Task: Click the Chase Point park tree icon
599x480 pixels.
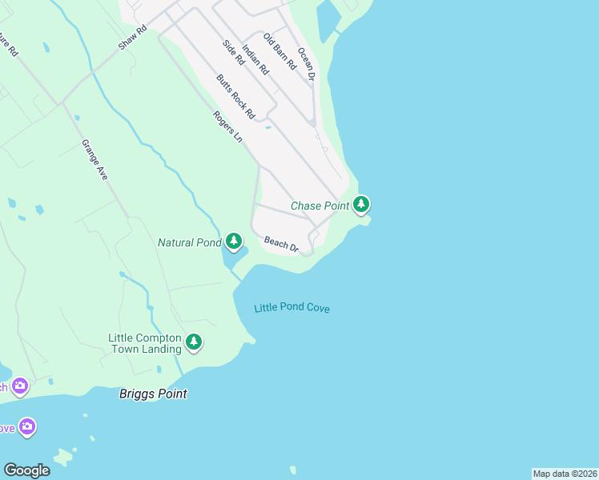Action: click(362, 205)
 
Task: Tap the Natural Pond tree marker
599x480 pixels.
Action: click(233, 241)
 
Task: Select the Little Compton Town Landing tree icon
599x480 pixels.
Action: click(193, 342)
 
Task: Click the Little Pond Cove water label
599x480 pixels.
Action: click(291, 308)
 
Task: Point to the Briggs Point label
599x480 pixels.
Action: click(153, 394)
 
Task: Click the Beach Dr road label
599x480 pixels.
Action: click(281, 243)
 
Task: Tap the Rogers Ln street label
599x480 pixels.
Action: click(227, 126)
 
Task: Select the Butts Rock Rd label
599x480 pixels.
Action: click(235, 97)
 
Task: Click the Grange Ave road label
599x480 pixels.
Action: click(94, 159)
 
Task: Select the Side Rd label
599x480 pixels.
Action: click(233, 54)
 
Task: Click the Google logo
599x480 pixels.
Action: click(26, 470)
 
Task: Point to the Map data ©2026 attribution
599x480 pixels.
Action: click(565, 474)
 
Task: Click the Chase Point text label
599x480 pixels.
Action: click(320, 206)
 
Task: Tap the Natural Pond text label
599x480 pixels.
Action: click(190, 242)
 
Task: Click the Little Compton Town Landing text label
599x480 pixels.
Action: click(145, 343)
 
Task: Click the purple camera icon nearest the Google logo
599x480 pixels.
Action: click(27, 426)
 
